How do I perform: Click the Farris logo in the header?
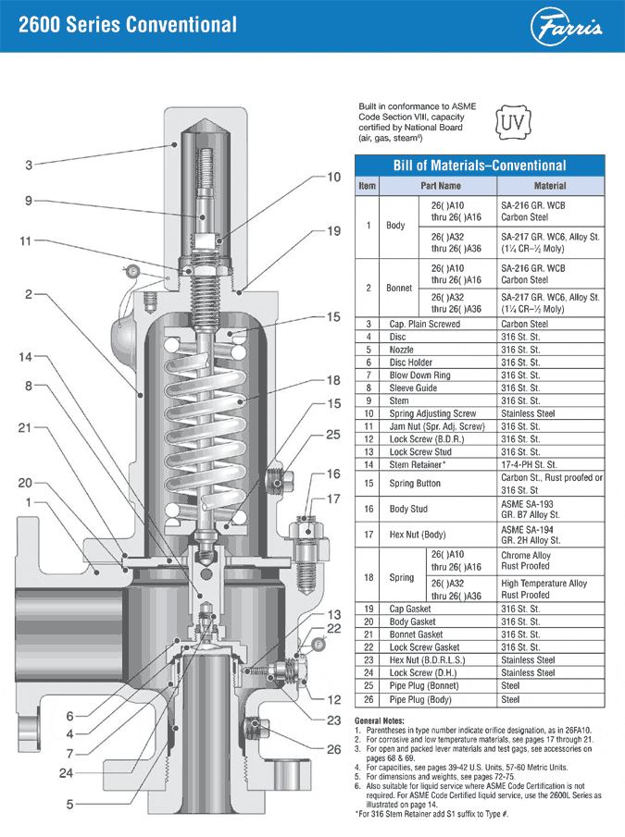point(568,27)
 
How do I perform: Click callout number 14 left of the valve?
point(27,356)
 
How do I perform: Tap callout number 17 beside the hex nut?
point(333,499)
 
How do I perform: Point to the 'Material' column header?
point(550,186)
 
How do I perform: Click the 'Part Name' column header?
point(442,186)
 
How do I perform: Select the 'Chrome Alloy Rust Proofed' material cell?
point(526,561)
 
